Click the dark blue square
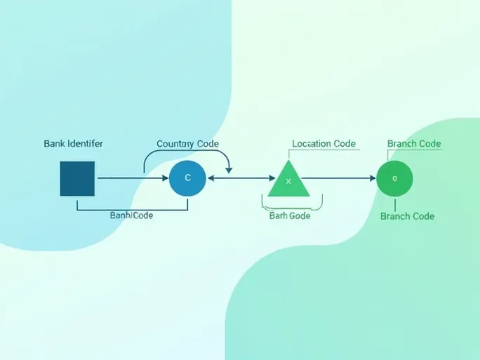[77, 178]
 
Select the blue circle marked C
[187, 178]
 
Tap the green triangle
[288, 181]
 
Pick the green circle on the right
[394, 178]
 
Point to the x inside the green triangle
[288, 182]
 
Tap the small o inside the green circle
[394, 178]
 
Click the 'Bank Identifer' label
[73, 144]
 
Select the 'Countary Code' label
[187, 144]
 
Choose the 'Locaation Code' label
[324, 144]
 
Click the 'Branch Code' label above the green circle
[414, 144]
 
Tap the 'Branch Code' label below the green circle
[407, 216]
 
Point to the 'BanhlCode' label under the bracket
[131, 215]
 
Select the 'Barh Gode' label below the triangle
[289, 215]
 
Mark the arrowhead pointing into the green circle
[373, 178]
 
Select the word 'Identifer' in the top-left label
[85, 144]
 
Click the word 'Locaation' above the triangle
[312, 144]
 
